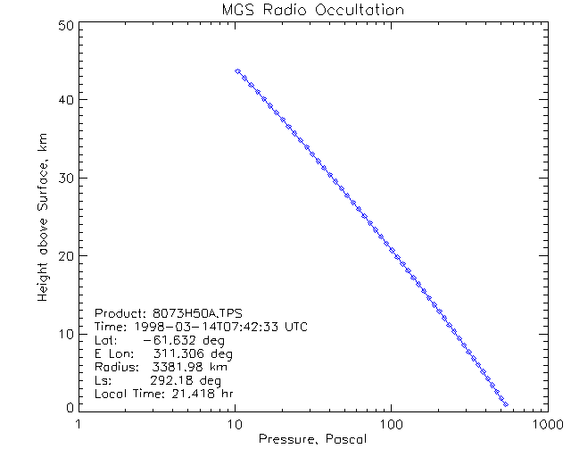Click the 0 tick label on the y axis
68,407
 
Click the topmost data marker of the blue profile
237,71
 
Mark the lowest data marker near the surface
506,404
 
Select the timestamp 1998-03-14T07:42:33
205,328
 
